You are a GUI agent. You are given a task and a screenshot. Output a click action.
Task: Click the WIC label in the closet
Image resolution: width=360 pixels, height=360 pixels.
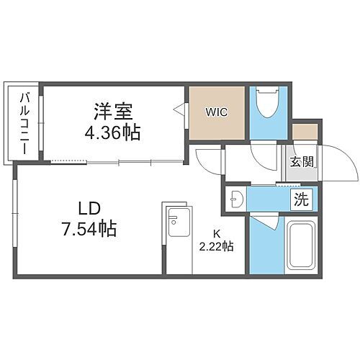tap(218, 113)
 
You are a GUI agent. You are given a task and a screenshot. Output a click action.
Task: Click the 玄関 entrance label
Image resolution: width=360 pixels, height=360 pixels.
tap(302, 162)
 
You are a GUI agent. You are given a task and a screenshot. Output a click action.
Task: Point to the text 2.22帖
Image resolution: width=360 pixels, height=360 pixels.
tap(216, 246)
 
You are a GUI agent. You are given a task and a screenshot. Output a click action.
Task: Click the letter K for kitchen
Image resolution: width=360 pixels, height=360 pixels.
tap(216, 233)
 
